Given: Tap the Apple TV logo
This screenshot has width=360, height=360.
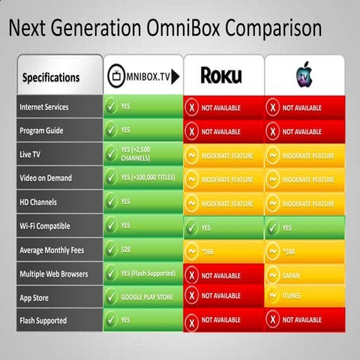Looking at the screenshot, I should (x=304, y=75).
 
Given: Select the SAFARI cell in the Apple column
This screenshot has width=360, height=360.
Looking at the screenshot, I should (x=304, y=275).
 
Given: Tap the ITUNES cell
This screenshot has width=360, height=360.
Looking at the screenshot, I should (x=304, y=296).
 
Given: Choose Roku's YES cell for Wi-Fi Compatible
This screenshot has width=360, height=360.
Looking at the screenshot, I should (x=223, y=225).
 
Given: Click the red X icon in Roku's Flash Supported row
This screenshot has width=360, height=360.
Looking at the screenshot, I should (x=191, y=321).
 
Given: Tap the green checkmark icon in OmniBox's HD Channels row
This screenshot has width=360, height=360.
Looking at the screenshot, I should (x=111, y=201).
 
